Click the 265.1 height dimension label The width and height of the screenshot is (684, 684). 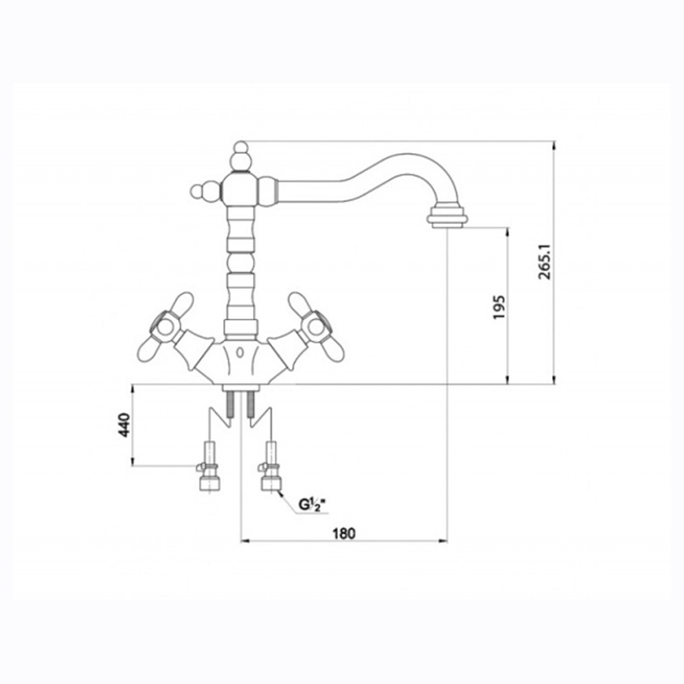pyautogui.click(x=545, y=262)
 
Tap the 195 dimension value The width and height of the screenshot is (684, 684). pyautogui.click(x=499, y=307)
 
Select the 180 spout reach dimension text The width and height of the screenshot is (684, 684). pyautogui.click(x=345, y=533)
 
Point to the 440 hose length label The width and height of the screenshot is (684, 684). pyautogui.click(x=124, y=425)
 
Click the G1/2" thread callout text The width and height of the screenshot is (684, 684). pyautogui.click(x=313, y=504)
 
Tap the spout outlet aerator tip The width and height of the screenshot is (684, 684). pyautogui.click(x=447, y=217)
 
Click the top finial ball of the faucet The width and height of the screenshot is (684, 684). pyautogui.click(x=241, y=146)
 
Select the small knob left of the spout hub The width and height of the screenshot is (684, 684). pyautogui.click(x=197, y=191)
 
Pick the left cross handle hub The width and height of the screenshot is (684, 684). pyautogui.click(x=164, y=326)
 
